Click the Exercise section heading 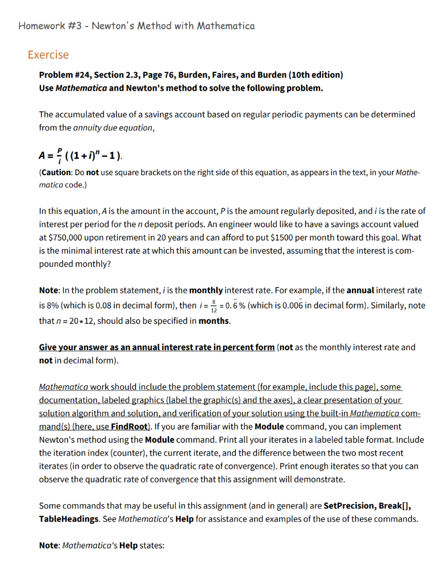(49, 55)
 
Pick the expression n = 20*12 (81, 321)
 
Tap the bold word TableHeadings (68, 519)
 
